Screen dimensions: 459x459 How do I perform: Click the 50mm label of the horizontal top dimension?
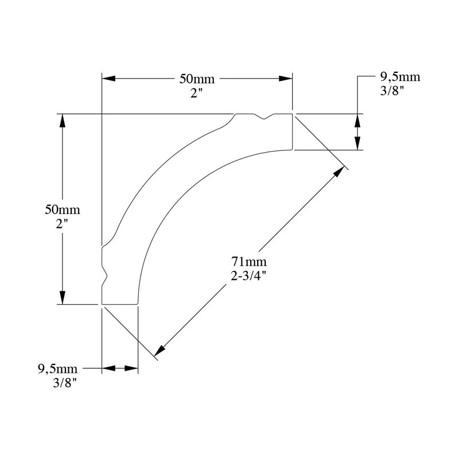(197, 79)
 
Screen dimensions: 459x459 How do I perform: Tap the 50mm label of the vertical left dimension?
(63, 210)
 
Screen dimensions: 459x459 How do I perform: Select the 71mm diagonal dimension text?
(249, 261)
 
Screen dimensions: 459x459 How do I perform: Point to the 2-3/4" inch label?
(248, 276)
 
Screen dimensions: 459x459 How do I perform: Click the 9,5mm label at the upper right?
(400, 77)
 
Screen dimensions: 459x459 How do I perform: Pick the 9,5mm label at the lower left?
(58, 368)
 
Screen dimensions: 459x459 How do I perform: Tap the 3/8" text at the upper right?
(392, 91)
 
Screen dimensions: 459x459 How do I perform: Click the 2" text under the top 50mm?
(197, 94)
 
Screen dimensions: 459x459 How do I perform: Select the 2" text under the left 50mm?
(62, 224)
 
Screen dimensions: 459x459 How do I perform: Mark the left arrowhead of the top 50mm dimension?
(108, 79)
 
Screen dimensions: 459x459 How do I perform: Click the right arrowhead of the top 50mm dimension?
(285, 79)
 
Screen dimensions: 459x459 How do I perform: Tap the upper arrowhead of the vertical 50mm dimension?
(62, 120)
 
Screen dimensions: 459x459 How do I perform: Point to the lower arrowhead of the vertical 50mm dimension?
(62, 297)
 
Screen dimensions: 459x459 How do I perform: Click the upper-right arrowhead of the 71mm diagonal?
(339, 172)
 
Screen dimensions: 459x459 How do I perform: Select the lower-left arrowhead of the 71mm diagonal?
(160, 351)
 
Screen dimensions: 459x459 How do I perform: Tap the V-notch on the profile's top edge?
(264, 116)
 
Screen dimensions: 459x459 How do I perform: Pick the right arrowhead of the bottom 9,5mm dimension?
(131, 368)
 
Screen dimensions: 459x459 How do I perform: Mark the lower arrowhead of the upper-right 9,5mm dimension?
(357, 143)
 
